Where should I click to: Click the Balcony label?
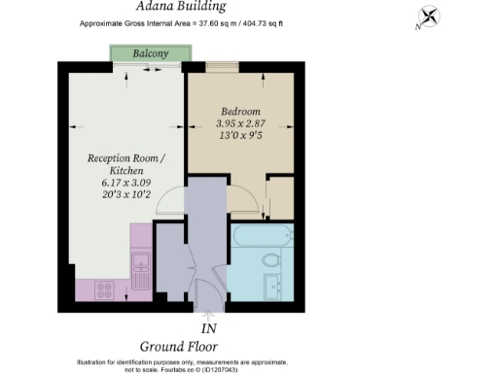point(144,54)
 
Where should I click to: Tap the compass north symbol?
point(429,17)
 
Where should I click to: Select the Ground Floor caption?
point(178,346)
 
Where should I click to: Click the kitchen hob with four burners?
point(102,289)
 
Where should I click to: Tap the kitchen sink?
point(138,260)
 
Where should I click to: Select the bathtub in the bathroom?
point(260,234)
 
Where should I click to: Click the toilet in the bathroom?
point(271,259)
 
